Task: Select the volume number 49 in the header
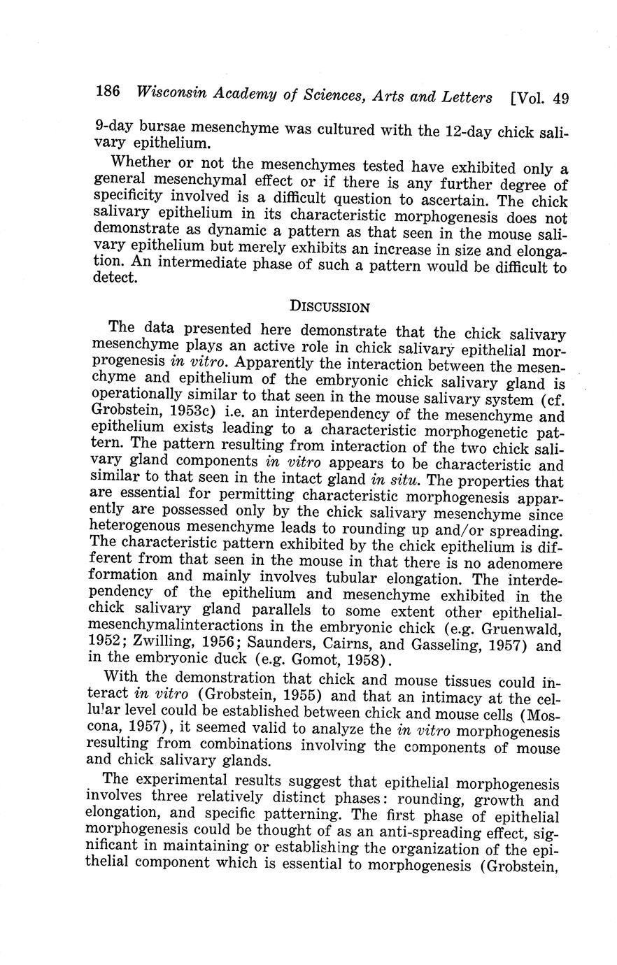pyautogui.click(x=560, y=99)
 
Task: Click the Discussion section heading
pyautogui.click(x=329, y=306)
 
